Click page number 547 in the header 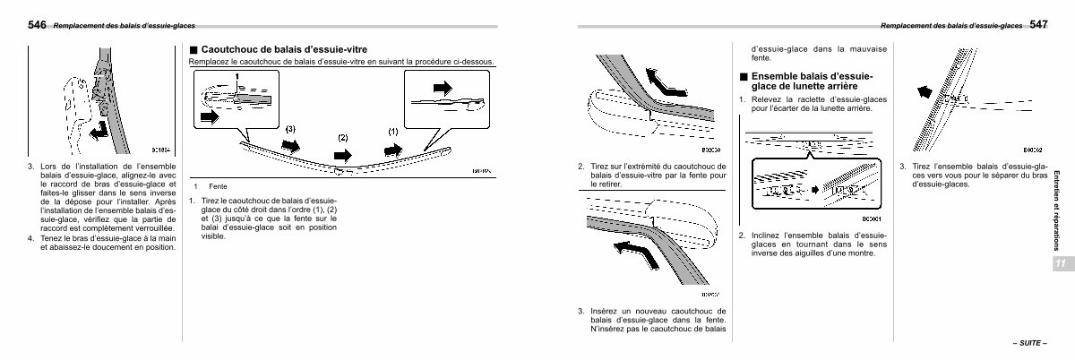[x=1038, y=24]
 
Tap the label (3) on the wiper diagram [x=289, y=129]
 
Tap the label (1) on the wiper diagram [x=392, y=131]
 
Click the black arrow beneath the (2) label [x=343, y=153]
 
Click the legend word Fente [x=218, y=185]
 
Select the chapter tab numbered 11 [x=1059, y=263]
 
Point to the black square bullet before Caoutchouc [x=193, y=50]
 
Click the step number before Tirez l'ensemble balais [x=902, y=167]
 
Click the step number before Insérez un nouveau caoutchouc [x=580, y=311]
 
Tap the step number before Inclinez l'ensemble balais [x=742, y=236]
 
